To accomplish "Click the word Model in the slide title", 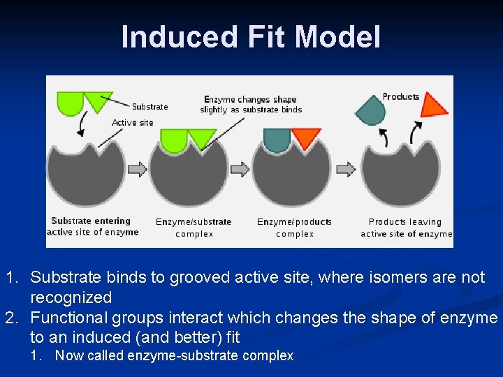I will coord(337,37).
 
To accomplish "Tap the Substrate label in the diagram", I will coord(150,107).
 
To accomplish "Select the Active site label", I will coord(132,123).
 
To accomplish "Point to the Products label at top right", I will coord(401,97).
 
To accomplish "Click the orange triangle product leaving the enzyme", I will coord(435,104).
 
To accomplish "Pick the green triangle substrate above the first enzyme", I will coord(97,101).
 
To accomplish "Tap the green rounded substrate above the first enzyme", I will coord(70,102).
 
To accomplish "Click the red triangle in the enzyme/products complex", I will coord(305,138).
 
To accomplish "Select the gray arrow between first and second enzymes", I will coord(138,169).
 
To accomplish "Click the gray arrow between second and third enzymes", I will coord(240,169).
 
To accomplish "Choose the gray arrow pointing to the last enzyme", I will coord(346,169).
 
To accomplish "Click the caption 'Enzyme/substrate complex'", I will coord(194,228).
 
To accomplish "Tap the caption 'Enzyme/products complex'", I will coord(294,228).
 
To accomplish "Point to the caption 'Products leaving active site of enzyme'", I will coord(406,228).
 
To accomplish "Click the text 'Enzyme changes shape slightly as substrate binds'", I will coord(250,104).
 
